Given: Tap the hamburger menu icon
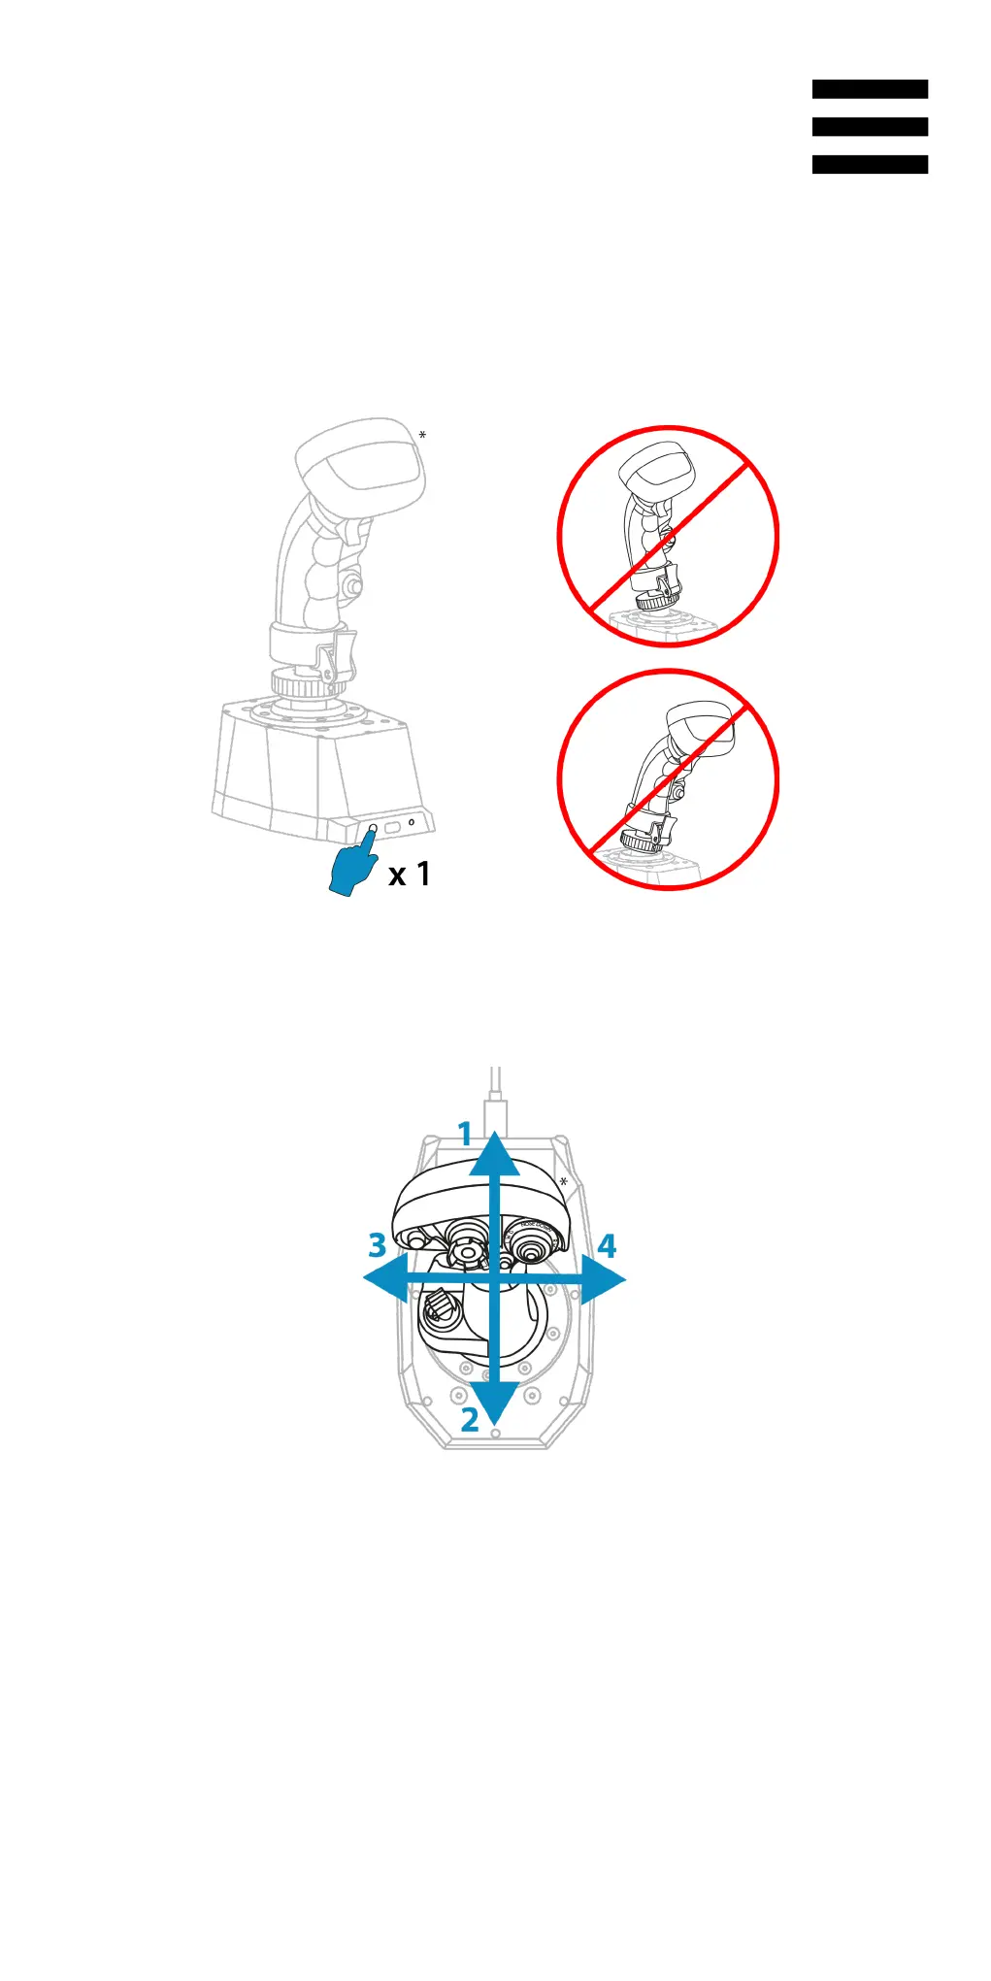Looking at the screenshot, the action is (x=870, y=126).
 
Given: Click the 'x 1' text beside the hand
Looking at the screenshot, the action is (x=409, y=875).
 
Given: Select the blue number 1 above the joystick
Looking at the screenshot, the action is (x=466, y=1134).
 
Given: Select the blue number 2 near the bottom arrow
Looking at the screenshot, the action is (x=470, y=1420).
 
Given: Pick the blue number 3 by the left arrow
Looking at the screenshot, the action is (x=378, y=1245).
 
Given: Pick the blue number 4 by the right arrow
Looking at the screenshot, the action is (x=607, y=1245).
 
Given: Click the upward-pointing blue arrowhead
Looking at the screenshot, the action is (x=495, y=1155).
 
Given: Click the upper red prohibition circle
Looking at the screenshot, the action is (x=668, y=536).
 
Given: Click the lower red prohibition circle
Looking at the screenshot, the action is (x=668, y=779).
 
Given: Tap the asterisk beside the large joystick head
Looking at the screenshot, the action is (x=422, y=436).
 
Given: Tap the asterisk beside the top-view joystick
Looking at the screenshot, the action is (x=563, y=1182).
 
